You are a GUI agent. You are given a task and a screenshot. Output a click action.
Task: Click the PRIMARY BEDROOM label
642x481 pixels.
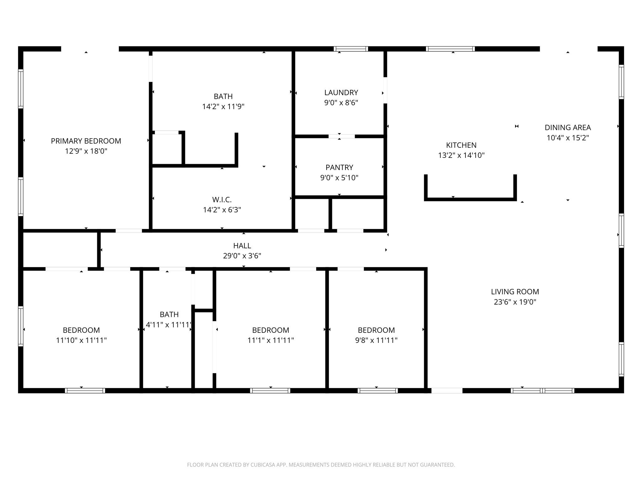86,141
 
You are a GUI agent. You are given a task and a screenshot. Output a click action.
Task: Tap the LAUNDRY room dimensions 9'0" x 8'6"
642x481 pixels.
341,103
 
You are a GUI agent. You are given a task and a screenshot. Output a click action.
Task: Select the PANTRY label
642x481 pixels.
339,167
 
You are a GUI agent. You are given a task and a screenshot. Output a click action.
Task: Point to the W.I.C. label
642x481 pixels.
222,199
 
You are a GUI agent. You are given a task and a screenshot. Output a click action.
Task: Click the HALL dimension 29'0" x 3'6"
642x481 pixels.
242,256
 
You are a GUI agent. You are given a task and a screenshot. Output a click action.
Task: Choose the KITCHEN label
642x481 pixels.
461,145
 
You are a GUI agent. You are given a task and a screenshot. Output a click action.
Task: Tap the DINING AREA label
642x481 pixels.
567,127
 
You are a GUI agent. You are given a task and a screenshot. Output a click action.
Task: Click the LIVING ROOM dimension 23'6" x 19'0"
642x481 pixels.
515,302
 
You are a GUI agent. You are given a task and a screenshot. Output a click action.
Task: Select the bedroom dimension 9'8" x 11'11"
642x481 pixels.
376,340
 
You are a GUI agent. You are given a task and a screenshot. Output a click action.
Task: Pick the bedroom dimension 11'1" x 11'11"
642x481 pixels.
271,340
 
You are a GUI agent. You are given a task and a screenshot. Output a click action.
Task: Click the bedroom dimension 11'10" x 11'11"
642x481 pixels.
81,340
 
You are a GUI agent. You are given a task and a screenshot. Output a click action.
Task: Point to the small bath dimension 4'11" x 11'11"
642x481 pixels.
169,325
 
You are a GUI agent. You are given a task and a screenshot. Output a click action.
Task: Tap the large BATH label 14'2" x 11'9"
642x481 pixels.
223,96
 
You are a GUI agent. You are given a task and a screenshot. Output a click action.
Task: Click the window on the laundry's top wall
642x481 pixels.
350,49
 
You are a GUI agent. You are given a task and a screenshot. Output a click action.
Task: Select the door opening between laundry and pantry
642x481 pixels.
341,136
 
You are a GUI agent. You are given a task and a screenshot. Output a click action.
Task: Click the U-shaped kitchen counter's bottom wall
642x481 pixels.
470,199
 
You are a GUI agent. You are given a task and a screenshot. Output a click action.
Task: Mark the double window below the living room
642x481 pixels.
542,390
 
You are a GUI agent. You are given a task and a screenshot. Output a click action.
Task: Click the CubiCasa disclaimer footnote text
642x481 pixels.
321,465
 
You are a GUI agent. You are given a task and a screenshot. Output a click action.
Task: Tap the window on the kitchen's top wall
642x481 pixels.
450,49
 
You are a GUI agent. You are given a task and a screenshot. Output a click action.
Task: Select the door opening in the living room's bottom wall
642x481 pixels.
447,390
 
